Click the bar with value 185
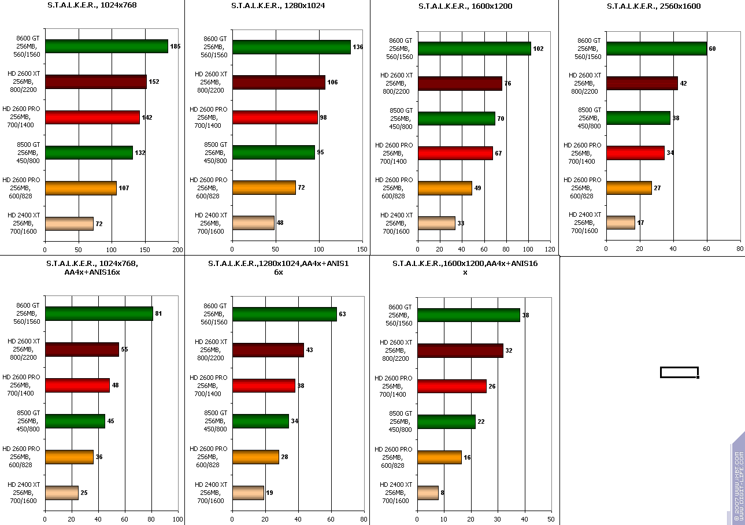tap(106, 46)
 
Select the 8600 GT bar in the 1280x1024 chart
tap(291, 47)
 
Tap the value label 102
tap(538, 49)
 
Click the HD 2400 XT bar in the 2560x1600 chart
tap(620, 223)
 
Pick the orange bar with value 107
tap(80, 188)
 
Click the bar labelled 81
tap(99, 314)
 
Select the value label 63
tap(342, 314)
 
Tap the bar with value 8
tap(428, 493)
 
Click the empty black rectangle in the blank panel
tap(679, 372)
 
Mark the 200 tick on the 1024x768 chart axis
tap(178, 250)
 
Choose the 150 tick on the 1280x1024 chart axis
tap(362, 250)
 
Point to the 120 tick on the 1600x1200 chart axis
tap(550, 250)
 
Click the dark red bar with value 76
tap(459, 84)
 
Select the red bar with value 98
tap(275, 117)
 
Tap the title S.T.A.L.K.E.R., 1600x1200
tap(465, 6)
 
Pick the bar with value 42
tap(642, 83)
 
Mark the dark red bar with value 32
tap(460, 351)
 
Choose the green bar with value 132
tap(88, 153)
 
